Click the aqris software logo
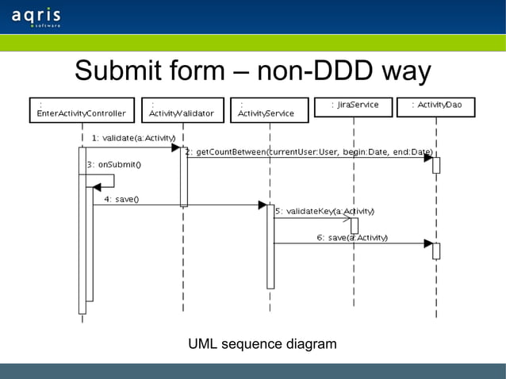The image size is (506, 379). click(36, 17)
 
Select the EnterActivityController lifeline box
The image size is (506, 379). click(81, 108)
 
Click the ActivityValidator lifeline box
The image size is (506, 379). click(182, 108)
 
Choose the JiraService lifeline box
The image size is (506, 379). click(354, 106)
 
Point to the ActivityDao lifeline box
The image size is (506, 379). click(435, 106)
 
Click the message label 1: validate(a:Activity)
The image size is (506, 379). click(133, 138)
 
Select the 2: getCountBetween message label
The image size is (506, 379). click(309, 152)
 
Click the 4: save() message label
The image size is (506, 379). click(121, 199)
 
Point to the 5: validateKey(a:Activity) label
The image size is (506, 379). click(324, 212)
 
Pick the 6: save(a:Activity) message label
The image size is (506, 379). click(352, 237)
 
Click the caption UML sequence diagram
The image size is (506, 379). click(262, 344)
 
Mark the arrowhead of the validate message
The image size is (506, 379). click(175, 147)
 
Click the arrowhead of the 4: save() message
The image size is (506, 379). click(262, 205)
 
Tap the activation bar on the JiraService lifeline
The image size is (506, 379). click(355, 225)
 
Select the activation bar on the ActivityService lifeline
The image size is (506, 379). click(270, 246)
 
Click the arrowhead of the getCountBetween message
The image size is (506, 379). click(427, 158)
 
